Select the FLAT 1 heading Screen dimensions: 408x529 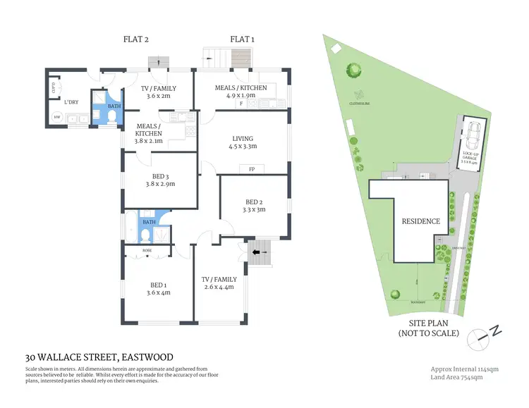click(242, 39)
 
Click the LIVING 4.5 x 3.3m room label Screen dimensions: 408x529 click(242, 142)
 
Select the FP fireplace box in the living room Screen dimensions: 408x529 click(251, 169)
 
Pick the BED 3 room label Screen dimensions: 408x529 click(159, 180)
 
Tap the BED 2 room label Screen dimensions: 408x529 click(253, 204)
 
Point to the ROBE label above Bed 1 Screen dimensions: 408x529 click(147, 250)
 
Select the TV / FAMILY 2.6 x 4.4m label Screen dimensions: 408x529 click(219, 283)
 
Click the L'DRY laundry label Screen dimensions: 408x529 click(71, 103)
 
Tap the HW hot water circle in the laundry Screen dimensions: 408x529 click(56, 118)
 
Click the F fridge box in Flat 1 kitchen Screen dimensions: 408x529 click(242, 104)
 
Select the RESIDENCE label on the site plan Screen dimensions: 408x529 click(420, 221)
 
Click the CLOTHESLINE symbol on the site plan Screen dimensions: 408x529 click(360, 95)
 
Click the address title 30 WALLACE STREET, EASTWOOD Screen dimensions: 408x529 click(99, 357)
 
